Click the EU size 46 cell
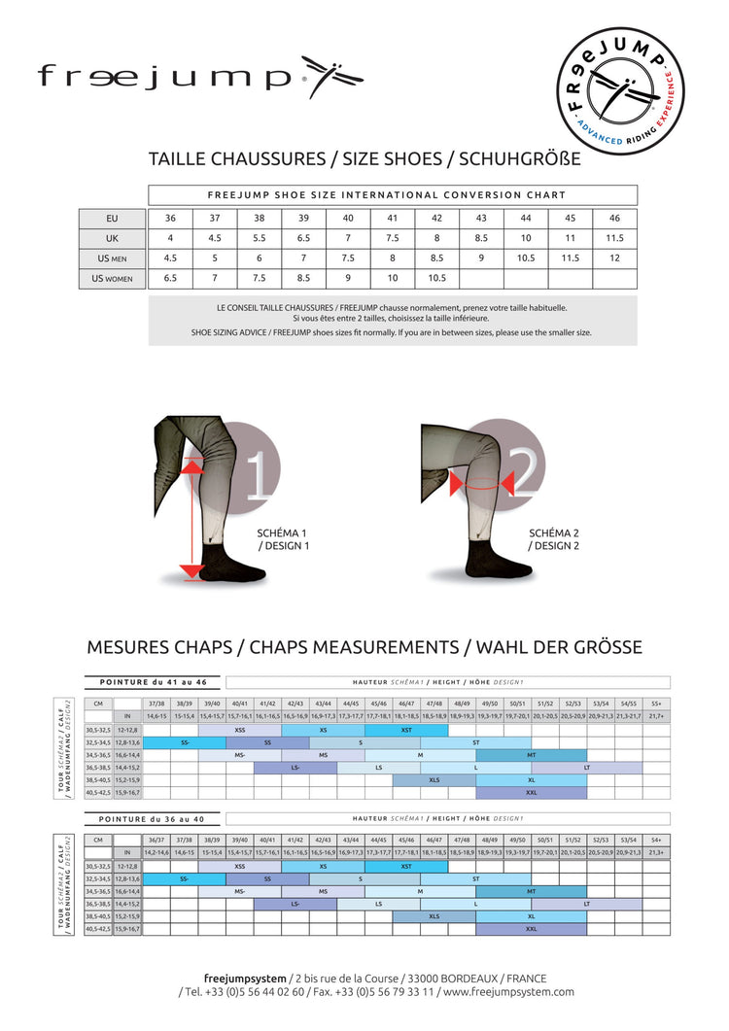[x=614, y=218]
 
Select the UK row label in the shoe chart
[x=112, y=238]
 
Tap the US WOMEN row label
[x=112, y=279]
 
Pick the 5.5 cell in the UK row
[x=260, y=238]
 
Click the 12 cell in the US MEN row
[x=614, y=258]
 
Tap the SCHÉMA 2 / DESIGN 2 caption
[x=555, y=539]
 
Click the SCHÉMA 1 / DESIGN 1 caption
[x=283, y=539]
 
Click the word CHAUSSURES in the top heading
[x=257, y=158]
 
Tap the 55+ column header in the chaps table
[x=656, y=703]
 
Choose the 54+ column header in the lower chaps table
[x=656, y=840]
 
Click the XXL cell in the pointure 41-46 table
[x=531, y=792]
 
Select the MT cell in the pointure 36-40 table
[x=531, y=891]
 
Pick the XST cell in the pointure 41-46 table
[x=406, y=729]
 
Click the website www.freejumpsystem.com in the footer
[x=508, y=992]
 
